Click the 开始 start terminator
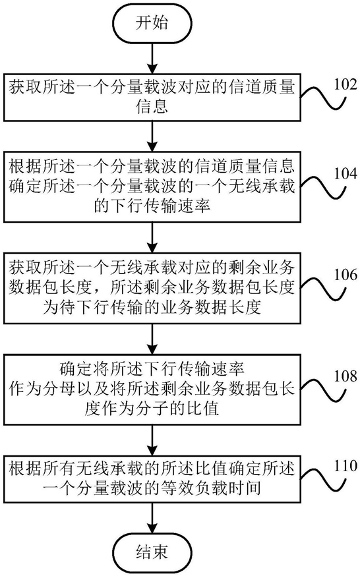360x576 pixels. tap(152, 23)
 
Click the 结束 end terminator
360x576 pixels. tap(152, 552)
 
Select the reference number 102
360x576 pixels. tap(345, 84)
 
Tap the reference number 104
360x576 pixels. tap(345, 173)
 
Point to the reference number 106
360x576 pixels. tap(345, 274)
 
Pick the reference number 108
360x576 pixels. tap(345, 376)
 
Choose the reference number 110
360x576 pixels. tap(345, 466)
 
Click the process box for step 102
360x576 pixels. tap(152, 98)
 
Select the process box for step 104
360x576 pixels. tap(152, 187)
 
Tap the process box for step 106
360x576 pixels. tap(152, 288)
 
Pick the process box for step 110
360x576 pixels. tap(152, 479)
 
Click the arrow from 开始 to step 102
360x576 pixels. tap(152, 57)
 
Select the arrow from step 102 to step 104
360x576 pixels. tap(152, 136)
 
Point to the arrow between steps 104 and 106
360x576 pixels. tap(152, 238)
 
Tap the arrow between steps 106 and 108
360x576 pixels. tap(152, 339)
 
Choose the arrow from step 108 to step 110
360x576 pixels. tap(152, 440)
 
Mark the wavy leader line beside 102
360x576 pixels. tap(324, 98)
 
